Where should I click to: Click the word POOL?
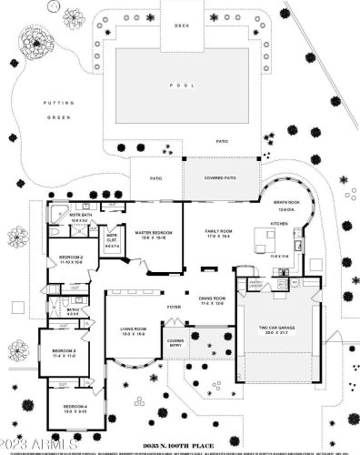pos(180,85)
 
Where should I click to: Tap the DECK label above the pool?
pos(180,25)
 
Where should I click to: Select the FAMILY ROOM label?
pos(217,233)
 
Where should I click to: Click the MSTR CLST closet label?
pos(112,238)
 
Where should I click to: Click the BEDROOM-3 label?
pos(63,352)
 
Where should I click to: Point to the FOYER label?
pos(174,308)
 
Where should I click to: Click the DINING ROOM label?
pos(211,299)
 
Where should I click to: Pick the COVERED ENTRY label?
pos(175,344)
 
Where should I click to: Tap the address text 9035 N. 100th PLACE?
pos(181,436)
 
